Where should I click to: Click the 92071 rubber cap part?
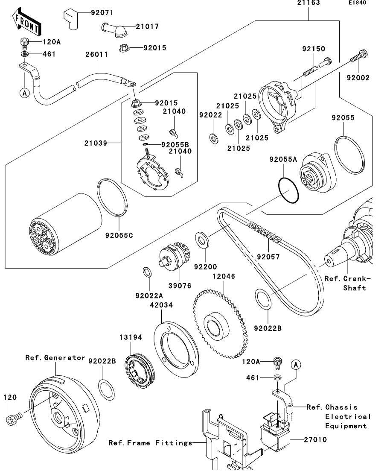coord(72,18)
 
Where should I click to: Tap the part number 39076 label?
coord(180,285)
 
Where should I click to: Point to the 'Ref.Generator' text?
coord(55,357)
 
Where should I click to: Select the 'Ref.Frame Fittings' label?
coord(150,443)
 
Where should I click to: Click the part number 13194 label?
coord(130,337)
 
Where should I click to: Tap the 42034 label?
coord(161,305)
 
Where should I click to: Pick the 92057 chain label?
coord(269,257)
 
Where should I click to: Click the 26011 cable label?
coord(96,55)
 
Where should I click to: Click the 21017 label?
coord(147,26)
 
